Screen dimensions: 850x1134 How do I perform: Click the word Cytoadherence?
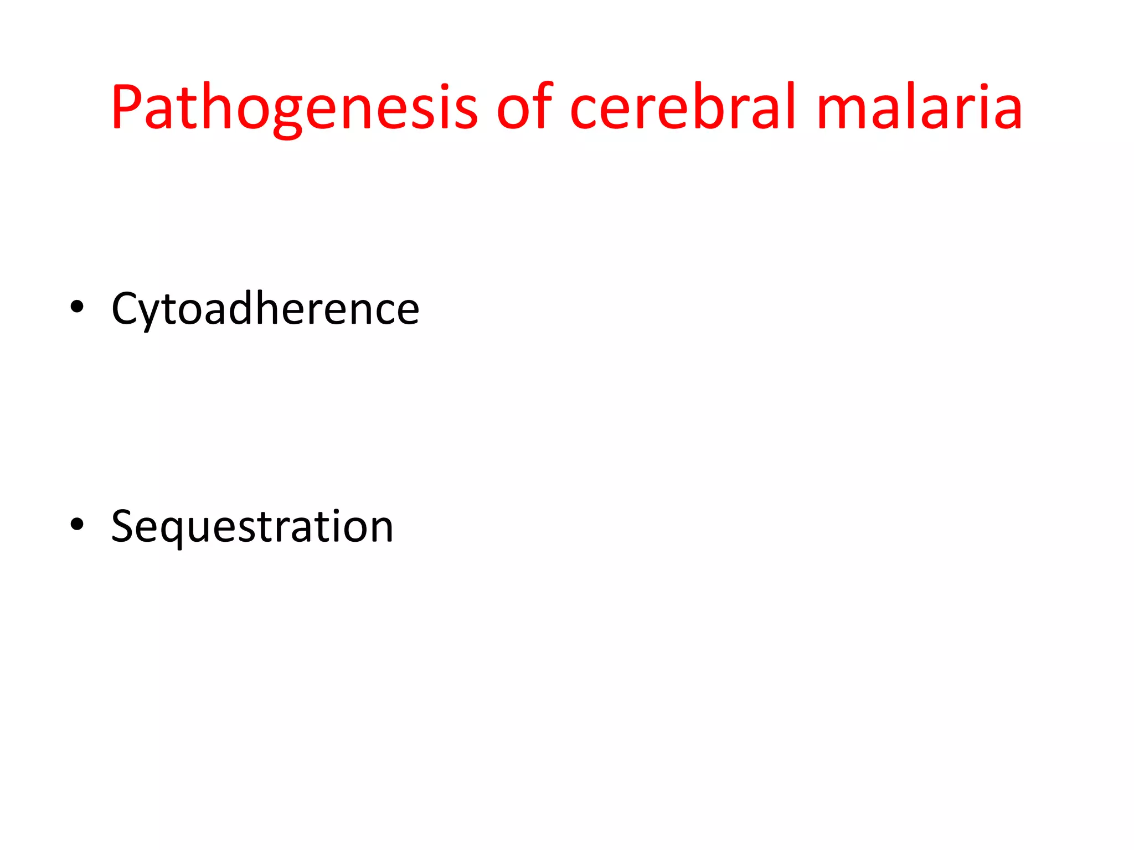265,309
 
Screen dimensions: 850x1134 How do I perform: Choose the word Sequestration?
252,526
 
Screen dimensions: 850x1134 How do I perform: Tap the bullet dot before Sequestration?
77,524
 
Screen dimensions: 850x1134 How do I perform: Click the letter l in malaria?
913,105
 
